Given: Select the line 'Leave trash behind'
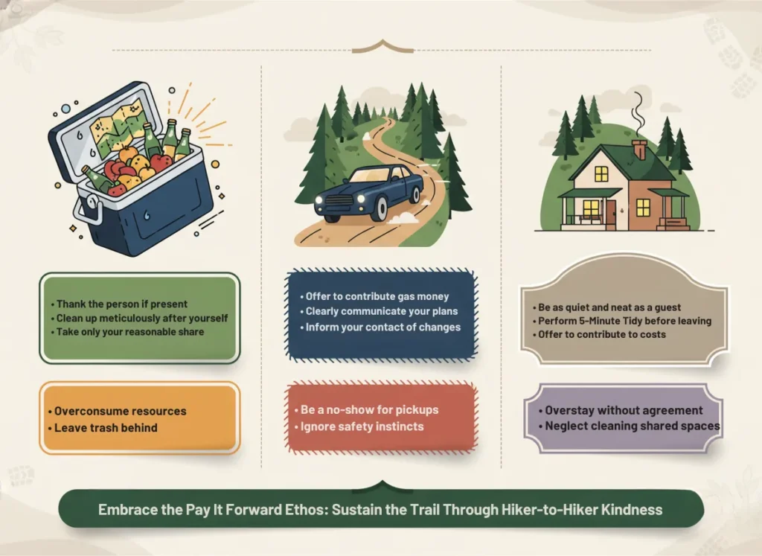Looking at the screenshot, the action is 106,427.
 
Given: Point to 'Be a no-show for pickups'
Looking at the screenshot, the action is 369,410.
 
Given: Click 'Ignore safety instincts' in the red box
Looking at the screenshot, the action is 362,426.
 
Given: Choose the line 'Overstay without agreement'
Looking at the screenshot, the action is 624,410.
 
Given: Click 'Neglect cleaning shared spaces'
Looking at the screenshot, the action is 632,426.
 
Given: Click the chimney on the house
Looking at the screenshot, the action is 639,150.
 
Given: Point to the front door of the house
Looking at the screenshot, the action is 610,212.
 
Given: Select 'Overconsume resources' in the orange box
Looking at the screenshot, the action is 121,411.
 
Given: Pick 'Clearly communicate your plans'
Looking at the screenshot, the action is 381,311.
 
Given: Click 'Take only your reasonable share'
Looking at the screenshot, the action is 131,332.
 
